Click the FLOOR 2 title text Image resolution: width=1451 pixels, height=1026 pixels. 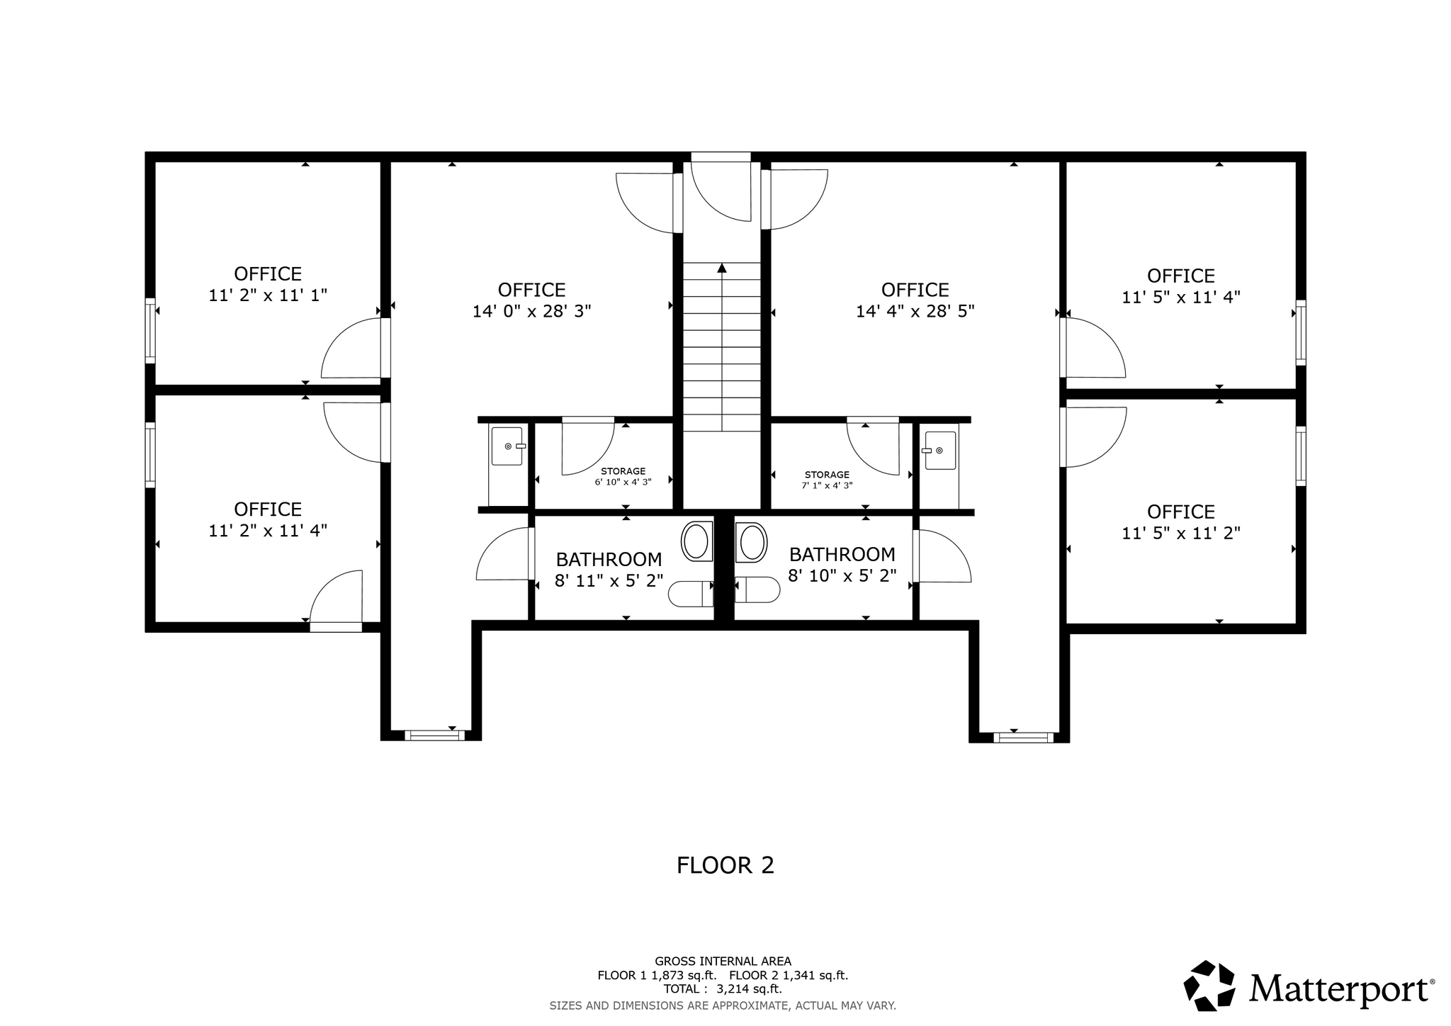click(725, 865)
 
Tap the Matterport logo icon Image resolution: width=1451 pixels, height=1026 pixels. click(1210, 986)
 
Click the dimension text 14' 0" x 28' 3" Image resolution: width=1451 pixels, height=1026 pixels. click(531, 311)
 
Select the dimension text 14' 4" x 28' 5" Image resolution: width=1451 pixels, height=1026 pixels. click(915, 311)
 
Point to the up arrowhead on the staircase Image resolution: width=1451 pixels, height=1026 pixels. click(722, 268)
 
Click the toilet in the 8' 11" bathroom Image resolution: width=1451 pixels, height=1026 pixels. click(691, 594)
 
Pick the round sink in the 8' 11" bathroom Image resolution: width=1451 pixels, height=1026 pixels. click(696, 542)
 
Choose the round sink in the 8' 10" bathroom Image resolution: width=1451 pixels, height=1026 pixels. click(752, 542)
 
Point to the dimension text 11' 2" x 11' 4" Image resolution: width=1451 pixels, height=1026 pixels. click(268, 531)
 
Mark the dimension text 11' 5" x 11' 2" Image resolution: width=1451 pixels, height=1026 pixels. click(1181, 533)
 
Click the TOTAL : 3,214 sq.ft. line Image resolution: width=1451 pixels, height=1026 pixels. click(723, 989)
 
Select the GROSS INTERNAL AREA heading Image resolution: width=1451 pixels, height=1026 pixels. click(723, 962)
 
